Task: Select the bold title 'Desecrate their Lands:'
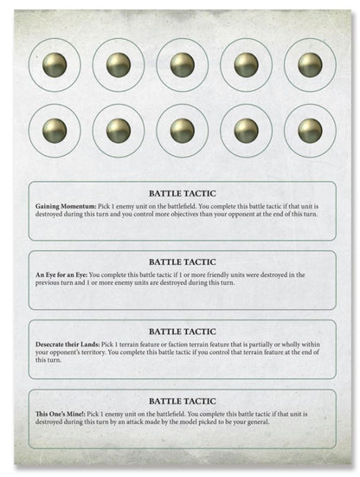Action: (x=68, y=345)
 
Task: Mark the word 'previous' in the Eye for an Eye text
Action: (x=48, y=283)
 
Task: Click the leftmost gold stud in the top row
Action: (x=55, y=64)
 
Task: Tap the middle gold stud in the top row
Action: (x=183, y=64)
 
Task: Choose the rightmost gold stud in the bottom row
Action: (x=310, y=130)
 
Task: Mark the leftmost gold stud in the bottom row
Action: (x=55, y=130)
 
